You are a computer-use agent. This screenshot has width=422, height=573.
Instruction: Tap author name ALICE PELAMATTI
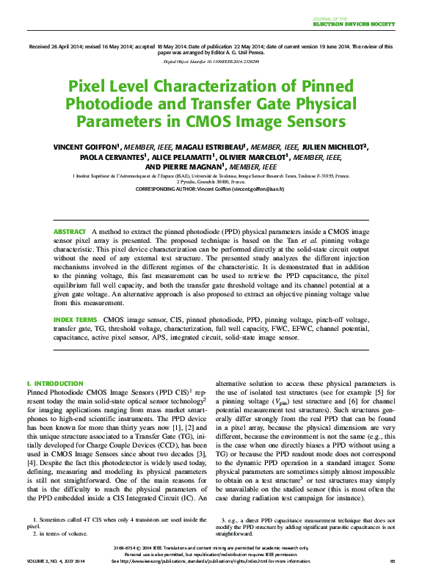pyautogui.click(x=185, y=156)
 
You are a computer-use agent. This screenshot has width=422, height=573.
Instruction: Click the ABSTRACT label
pyautogui.click(x=70, y=232)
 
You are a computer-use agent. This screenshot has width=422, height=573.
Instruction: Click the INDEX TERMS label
pyautogui.click(x=75, y=320)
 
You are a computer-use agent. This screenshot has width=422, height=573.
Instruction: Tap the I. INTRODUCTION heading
pyautogui.click(x=54, y=384)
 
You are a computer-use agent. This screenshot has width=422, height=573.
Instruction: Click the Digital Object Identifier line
pyautogui.click(x=211, y=61)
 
